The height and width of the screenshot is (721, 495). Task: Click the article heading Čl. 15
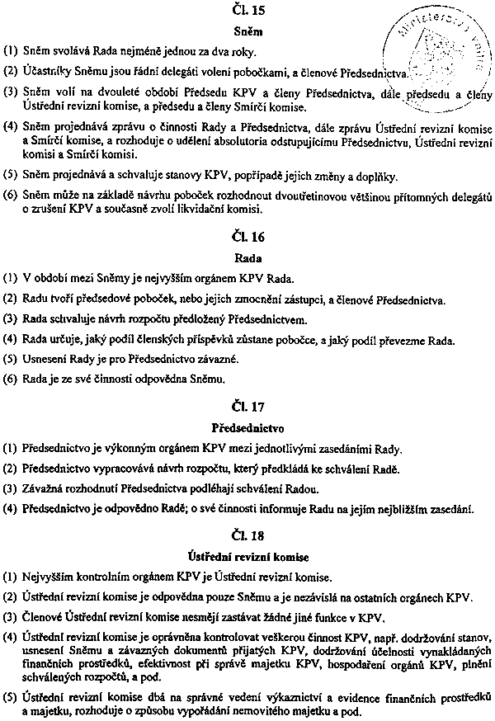click(x=248, y=12)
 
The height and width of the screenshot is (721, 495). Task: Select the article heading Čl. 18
click(x=248, y=536)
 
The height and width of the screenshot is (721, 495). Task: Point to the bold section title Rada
click(x=248, y=257)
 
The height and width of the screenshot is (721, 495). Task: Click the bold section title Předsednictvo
click(x=248, y=429)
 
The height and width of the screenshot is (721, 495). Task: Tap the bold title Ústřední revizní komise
click(x=248, y=557)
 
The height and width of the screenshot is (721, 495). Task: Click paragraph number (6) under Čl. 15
click(x=11, y=196)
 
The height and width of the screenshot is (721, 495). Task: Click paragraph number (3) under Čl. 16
click(x=11, y=318)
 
